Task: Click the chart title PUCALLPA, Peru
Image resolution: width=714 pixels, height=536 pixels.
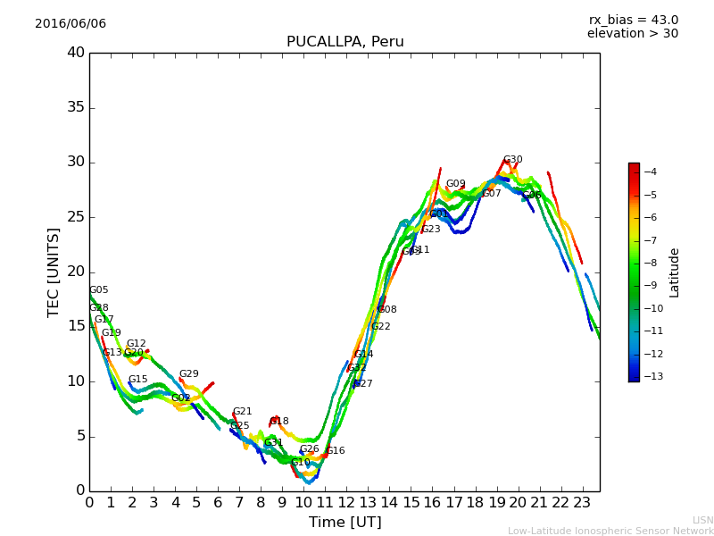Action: pos(345,42)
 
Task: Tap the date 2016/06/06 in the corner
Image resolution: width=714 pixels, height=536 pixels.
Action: pos(71,24)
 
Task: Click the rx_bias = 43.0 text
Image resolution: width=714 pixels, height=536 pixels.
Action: pos(633,21)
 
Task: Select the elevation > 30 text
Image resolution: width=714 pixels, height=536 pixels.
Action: pos(632,34)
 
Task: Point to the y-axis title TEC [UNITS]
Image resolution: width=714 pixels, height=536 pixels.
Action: pos(54,272)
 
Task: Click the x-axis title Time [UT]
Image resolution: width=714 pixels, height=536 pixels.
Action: pos(345,523)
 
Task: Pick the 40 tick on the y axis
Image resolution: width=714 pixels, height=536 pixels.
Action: pos(76,53)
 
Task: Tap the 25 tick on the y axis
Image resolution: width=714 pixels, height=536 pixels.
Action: pos(76,217)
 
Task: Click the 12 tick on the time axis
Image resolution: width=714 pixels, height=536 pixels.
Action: pos(346,503)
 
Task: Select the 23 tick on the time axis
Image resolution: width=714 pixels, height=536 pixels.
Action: pos(583,503)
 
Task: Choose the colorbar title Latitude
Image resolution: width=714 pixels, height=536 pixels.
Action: pos(675,272)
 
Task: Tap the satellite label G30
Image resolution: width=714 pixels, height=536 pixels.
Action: pos(512,160)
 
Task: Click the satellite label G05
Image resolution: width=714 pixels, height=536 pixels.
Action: pos(98,290)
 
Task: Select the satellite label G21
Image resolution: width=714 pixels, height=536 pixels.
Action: pos(242,412)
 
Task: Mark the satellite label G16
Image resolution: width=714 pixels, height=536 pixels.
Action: pos(335,451)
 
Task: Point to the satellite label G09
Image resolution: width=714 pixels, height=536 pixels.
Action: pos(455,184)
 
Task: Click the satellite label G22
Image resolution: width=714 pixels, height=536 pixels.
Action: pos(380,327)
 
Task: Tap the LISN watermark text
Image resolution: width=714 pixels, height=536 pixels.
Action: pos(702,520)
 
